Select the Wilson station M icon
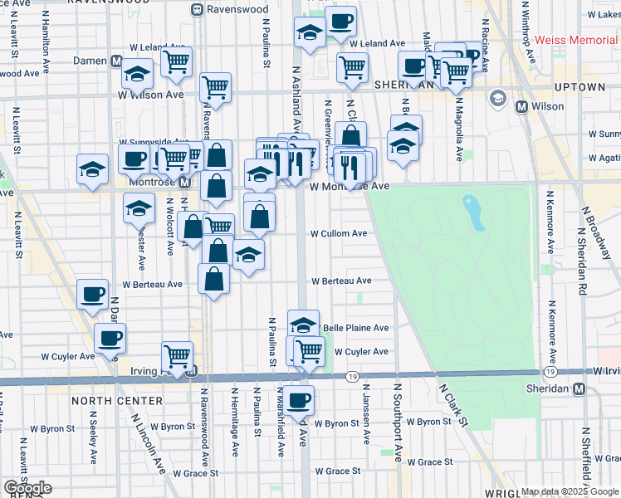(522, 106)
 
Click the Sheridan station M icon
(579, 389)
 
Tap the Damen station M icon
(118, 61)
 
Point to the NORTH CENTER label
(116, 400)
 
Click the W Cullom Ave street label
(338, 234)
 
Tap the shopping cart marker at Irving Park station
(177, 355)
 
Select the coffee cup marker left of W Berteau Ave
(92, 292)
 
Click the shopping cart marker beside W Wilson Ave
(215, 86)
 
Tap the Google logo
(27, 488)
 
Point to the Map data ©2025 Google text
(569, 491)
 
